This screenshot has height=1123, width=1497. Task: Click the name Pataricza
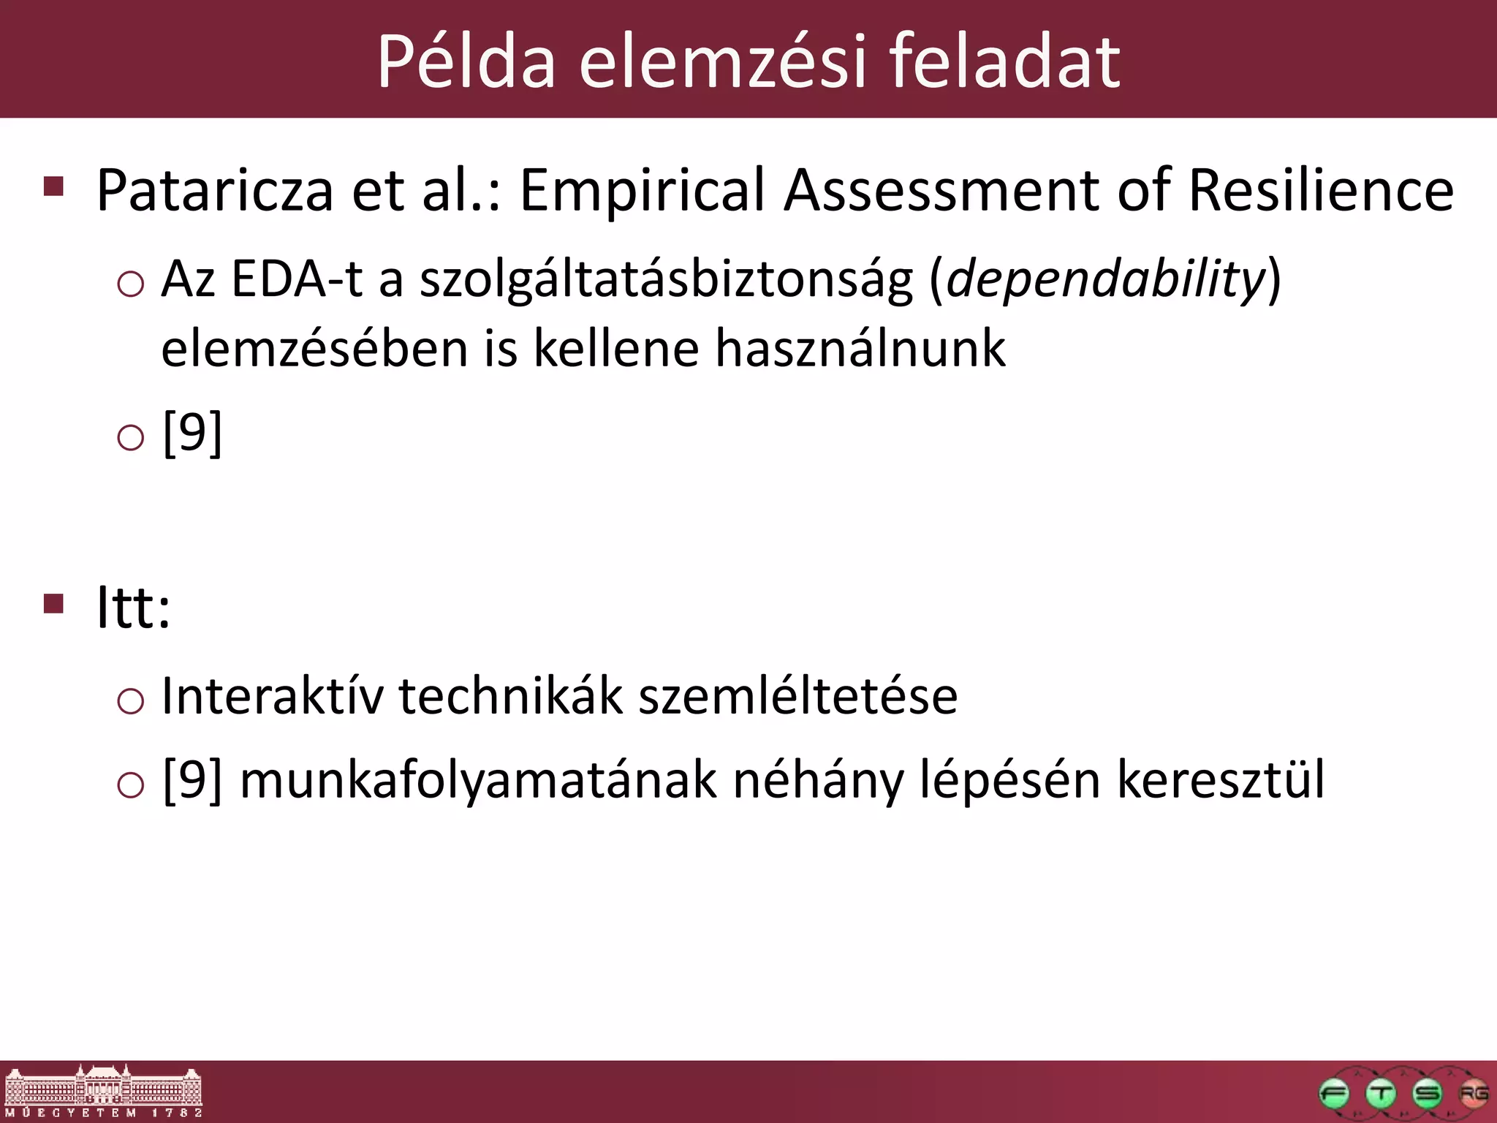(215, 190)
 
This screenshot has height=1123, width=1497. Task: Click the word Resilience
(1321, 190)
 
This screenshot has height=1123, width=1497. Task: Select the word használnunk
(860, 349)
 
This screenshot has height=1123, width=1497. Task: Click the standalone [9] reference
(192, 434)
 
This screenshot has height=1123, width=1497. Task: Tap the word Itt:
(134, 608)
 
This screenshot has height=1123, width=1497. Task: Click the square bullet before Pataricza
(54, 186)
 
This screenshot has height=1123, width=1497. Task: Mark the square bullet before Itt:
(54, 604)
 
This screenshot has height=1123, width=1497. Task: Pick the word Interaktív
(272, 695)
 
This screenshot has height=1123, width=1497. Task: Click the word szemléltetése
(797, 695)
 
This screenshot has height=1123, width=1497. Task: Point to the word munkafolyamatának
(478, 780)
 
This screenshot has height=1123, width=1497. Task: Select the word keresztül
(1221, 780)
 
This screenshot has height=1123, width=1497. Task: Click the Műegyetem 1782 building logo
(103, 1091)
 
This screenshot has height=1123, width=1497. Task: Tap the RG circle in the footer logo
(1473, 1094)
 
